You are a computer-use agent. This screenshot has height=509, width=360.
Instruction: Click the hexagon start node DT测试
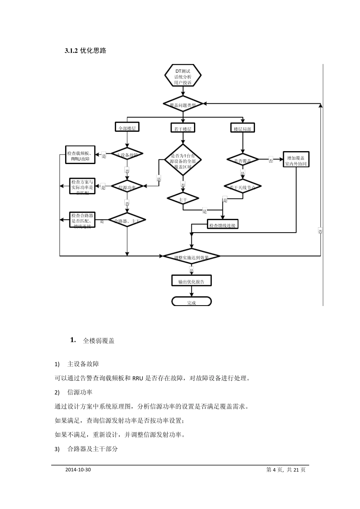(x=183, y=77)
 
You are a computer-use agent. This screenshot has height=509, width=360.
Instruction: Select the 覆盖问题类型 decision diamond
(x=183, y=105)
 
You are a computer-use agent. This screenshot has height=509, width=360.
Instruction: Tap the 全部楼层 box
(x=127, y=128)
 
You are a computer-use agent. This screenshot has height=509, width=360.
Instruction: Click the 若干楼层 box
(x=183, y=128)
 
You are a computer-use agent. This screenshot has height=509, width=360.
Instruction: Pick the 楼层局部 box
(x=243, y=128)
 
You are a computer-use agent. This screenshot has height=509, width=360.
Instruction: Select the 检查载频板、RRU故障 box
(x=80, y=156)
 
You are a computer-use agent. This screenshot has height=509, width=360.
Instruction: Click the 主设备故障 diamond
(x=127, y=155)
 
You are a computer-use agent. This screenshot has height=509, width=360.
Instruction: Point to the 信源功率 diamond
(x=127, y=187)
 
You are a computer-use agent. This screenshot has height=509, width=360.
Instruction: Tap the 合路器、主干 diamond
(x=127, y=220)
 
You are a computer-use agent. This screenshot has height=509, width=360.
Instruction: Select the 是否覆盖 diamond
(x=243, y=160)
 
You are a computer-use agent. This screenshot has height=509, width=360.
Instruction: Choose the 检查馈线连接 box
(x=222, y=225)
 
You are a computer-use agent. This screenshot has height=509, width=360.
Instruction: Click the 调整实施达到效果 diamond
(x=191, y=257)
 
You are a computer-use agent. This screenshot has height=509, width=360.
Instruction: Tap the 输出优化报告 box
(x=191, y=281)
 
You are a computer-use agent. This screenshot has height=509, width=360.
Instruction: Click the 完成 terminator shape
(x=191, y=302)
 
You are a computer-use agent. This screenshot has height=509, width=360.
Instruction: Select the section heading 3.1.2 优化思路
(x=85, y=51)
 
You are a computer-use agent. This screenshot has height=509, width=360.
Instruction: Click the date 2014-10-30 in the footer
(x=78, y=470)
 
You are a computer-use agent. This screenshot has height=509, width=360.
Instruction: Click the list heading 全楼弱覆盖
(x=99, y=341)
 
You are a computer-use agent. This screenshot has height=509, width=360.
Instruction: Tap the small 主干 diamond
(x=183, y=199)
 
